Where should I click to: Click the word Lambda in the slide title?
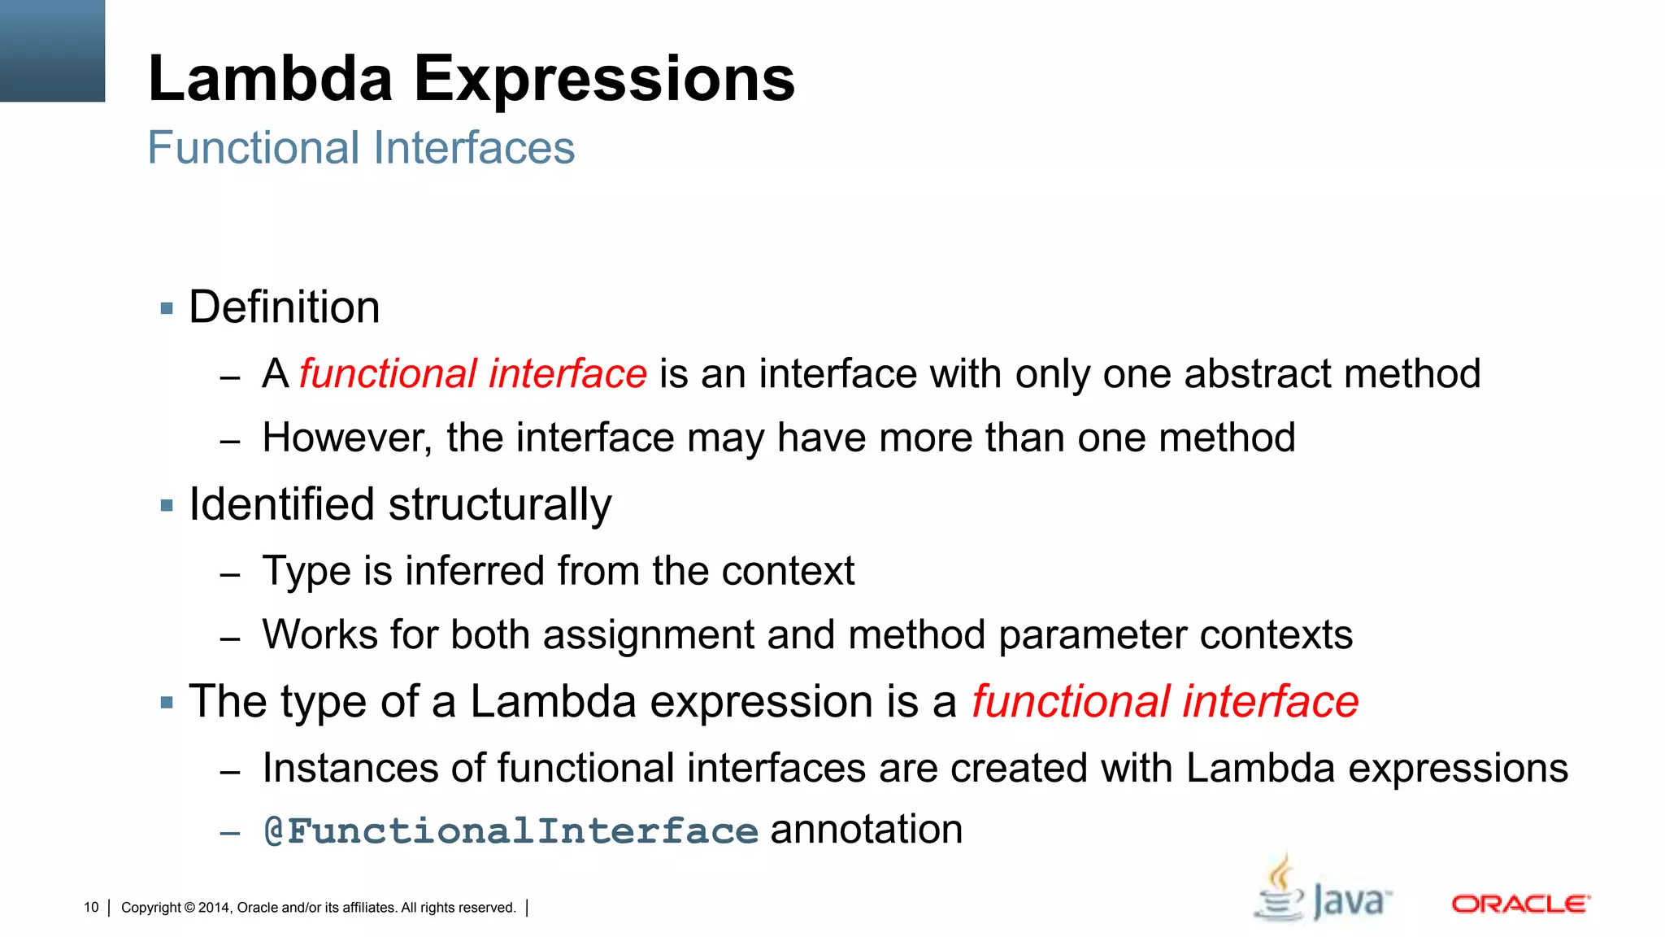coord(271,79)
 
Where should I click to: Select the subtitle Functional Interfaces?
coord(361,148)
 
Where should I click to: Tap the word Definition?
coord(285,307)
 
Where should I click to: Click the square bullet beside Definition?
coord(167,308)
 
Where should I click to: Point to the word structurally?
coord(500,505)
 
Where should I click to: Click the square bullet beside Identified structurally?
coord(167,506)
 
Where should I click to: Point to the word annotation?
coord(866,830)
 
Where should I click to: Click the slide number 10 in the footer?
coord(91,908)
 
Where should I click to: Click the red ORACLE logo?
coord(1520,904)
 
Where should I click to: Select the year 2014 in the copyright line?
coord(214,908)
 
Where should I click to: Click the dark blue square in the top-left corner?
coord(52,50)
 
